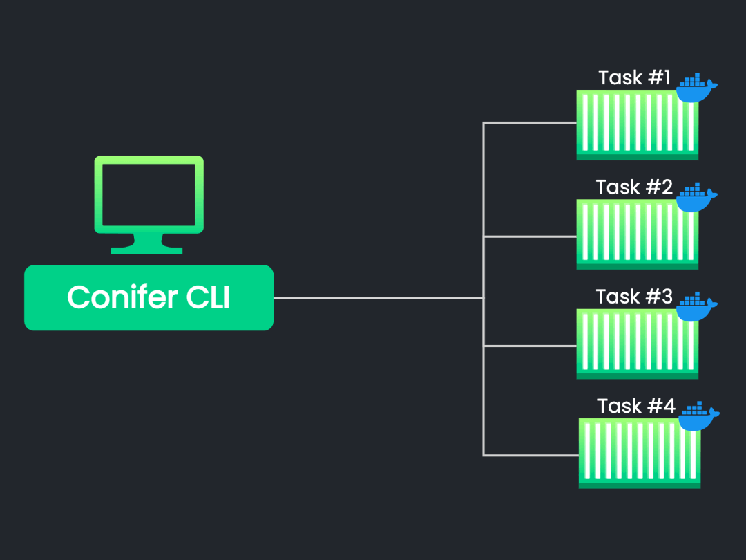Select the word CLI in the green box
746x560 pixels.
click(x=208, y=297)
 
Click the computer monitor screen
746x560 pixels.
click(x=149, y=194)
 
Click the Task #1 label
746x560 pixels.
click(x=634, y=77)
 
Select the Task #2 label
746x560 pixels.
click(x=634, y=187)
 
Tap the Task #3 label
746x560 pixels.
click(x=634, y=297)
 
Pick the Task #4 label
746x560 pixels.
click(x=635, y=406)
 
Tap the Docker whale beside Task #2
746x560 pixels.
click(x=696, y=198)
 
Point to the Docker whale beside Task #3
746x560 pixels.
click(x=696, y=307)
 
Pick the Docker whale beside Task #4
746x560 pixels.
click(x=698, y=416)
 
